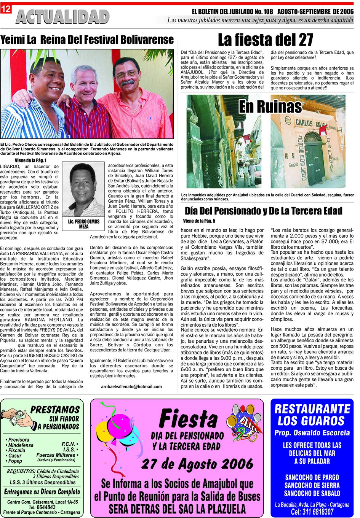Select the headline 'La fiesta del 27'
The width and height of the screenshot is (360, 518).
[x=265, y=40]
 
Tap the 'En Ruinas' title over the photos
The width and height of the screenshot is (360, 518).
[x=270, y=106]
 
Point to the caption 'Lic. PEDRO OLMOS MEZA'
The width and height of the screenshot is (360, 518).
[x=83, y=224]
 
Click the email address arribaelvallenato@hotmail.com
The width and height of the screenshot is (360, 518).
[x=132, y=386]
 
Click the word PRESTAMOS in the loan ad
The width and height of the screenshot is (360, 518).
[x=55, y=410]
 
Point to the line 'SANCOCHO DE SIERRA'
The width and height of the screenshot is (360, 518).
[x=312, y=486]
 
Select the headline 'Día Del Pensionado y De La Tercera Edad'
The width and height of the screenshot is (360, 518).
[x=263, y=211]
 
